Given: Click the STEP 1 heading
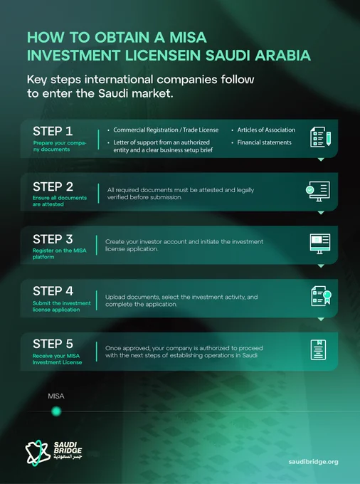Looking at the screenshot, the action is click(x=53, y=131).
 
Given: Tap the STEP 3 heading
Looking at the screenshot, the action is click(x=53, y=239).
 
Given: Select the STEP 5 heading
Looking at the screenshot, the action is click(x=53, y=344).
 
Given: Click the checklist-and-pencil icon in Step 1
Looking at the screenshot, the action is click(x=321, y=137).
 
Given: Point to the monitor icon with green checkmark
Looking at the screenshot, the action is click(x=318, y=191).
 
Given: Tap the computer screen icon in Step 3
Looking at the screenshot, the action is click(x=320, y=244).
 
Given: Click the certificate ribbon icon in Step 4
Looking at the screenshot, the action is click(x=321, y=296).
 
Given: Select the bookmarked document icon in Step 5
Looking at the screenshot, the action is click(x=318, y=349).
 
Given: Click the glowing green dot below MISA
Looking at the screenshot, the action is click(x=56, y=411).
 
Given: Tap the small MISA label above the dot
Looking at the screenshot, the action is click(x=56, y=396).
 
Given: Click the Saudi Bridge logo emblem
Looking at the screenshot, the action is click(x=38, y=453).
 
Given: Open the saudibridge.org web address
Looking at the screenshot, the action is click(x=314, y=462).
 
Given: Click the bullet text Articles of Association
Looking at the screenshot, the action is click(x=266, y=130).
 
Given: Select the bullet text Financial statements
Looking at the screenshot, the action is click(x=264, y=142).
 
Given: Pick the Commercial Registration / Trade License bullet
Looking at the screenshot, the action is click(x=166, y=130).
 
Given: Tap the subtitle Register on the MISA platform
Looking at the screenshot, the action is click(x=60, y=253).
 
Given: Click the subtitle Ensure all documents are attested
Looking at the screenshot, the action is click(x=60, y=201).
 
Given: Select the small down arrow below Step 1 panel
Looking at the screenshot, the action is click(x=321, y=159).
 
